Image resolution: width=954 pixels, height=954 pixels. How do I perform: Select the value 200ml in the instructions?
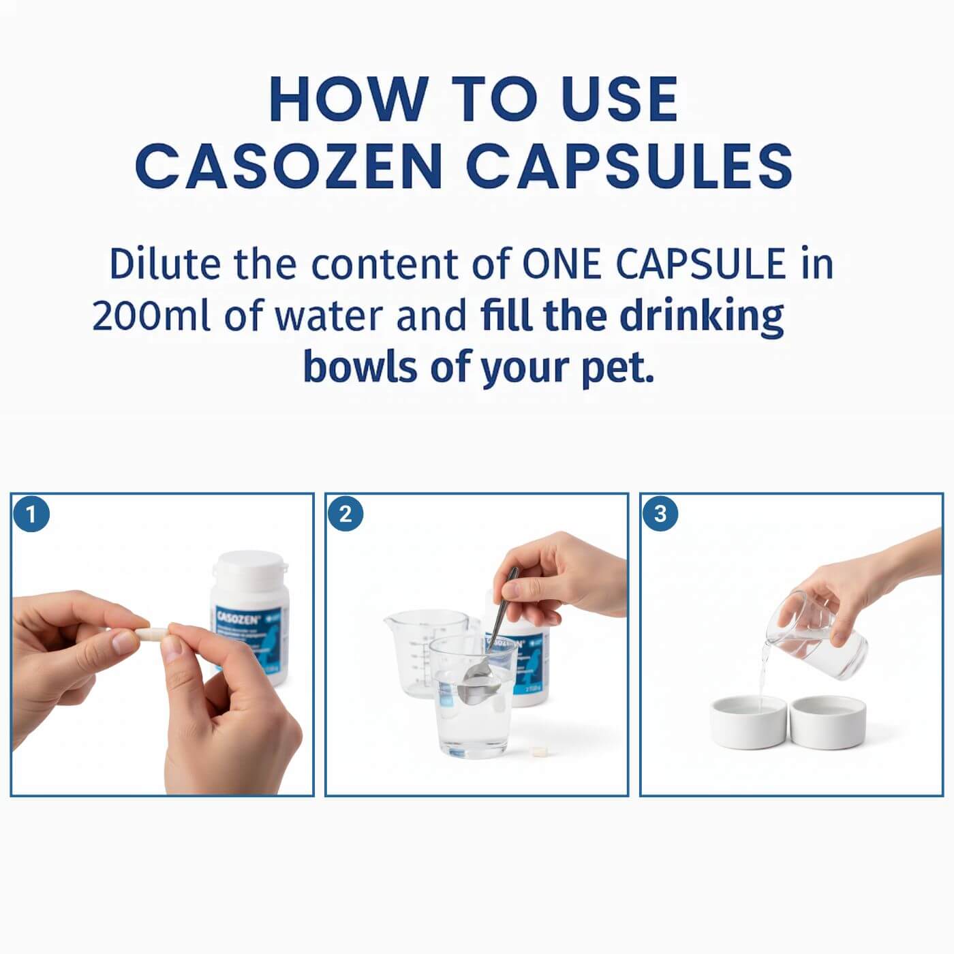(x=151, y=317)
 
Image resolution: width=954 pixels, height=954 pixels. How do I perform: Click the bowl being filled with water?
(x=748, y=722)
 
